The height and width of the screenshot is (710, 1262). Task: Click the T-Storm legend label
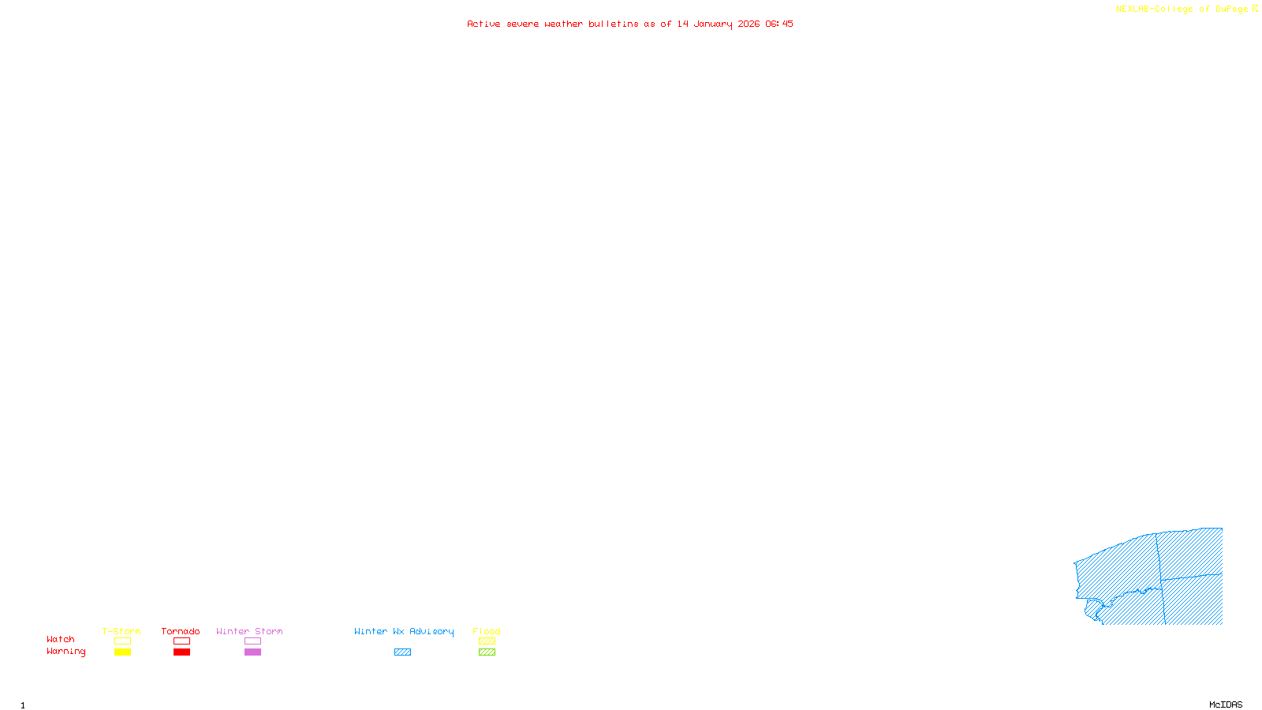(121, 631)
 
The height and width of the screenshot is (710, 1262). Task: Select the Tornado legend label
(181, 631)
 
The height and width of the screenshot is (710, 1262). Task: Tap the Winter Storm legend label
(249, 631)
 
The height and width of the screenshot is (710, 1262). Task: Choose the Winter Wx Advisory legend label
(404, 631)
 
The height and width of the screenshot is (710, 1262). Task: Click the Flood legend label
(487, 631)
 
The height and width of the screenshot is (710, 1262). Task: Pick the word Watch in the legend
(61, 639)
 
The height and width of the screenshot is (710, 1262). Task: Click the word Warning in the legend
(66, 652)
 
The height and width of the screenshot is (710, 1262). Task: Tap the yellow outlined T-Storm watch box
(122, 641)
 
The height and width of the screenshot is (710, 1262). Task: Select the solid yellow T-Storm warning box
(122, 652)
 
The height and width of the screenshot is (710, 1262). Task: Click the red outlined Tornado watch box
(181, 641)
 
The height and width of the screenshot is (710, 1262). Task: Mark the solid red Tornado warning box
(181, 652)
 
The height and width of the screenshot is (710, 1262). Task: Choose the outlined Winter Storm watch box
(252, 641)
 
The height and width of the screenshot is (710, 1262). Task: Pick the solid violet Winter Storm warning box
(252, 652)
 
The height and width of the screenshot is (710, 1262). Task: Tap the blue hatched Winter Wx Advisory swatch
(402, 652)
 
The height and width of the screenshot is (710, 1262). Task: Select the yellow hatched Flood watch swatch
(487, 641)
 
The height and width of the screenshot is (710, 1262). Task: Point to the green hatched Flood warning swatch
(487, 652)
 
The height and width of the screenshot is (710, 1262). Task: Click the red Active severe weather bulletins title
(630, 24)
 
